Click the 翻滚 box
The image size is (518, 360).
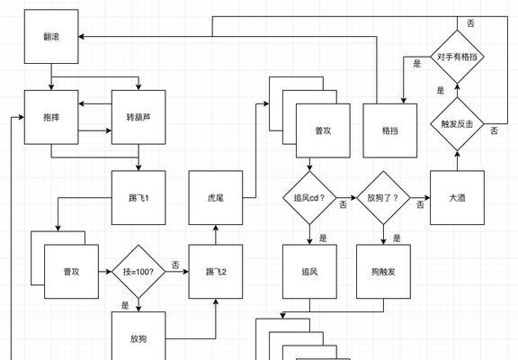[51, 36]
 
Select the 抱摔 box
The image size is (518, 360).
[51, 117]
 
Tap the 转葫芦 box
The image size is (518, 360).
[138, 117]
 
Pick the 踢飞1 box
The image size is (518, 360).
[138, 198]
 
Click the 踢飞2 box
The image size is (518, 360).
[216, 272]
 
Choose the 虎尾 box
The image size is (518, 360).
[216, 198]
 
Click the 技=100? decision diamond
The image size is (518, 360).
[138, 272]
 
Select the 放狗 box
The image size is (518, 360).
[138, 337]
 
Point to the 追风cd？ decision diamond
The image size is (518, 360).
[309, 198]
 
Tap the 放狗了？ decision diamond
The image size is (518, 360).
[383, 198]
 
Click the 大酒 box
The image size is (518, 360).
[457, 198]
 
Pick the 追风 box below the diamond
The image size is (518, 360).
[309, 272]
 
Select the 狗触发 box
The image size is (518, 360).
[383, 272]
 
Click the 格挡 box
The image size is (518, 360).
[389, 130]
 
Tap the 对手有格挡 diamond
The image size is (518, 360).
[457, 57]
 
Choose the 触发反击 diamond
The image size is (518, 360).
[457, 124]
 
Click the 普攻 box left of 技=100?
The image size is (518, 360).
[71, 272]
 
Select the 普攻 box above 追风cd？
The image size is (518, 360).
[323, 130]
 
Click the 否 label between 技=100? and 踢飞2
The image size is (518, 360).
[175, 265]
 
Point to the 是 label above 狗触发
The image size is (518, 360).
[397, 238]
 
